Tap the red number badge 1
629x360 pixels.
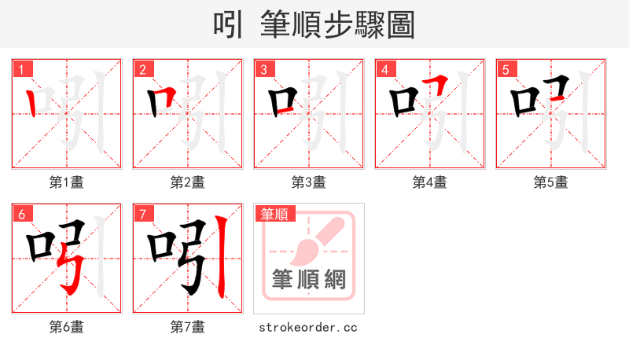pos(22,69)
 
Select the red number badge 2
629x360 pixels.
pos(142,69)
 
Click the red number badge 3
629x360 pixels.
pos(263,69)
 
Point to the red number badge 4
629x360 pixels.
pos(384,69)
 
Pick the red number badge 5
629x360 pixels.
pos(506,69)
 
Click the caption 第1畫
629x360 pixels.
pos(67,182)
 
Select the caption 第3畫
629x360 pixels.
pos(308,182)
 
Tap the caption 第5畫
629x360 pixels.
pos(550,182)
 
